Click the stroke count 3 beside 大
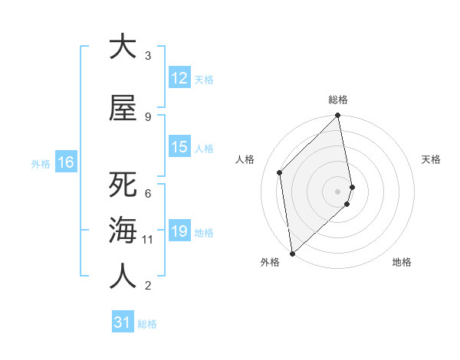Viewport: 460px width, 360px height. click(148, 56)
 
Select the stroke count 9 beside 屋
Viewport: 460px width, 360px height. click(148, 116)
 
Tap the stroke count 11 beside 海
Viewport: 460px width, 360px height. click(148, 240)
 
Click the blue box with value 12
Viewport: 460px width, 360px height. click(179, 78)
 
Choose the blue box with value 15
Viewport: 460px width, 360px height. click(179, 147)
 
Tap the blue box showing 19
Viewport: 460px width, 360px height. click(179, 231)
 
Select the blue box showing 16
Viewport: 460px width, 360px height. click(65, 162)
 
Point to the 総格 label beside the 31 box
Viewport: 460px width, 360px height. click(147, 324)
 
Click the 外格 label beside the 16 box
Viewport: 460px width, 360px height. click(41, 163)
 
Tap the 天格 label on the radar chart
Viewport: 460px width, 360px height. click(431, 159)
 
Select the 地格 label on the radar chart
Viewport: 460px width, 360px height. click(402, 262)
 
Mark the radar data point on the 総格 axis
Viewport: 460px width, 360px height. click(337, 116)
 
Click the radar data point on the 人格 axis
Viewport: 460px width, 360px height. click(280, 172)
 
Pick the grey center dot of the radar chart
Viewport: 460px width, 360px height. click(337, 191)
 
